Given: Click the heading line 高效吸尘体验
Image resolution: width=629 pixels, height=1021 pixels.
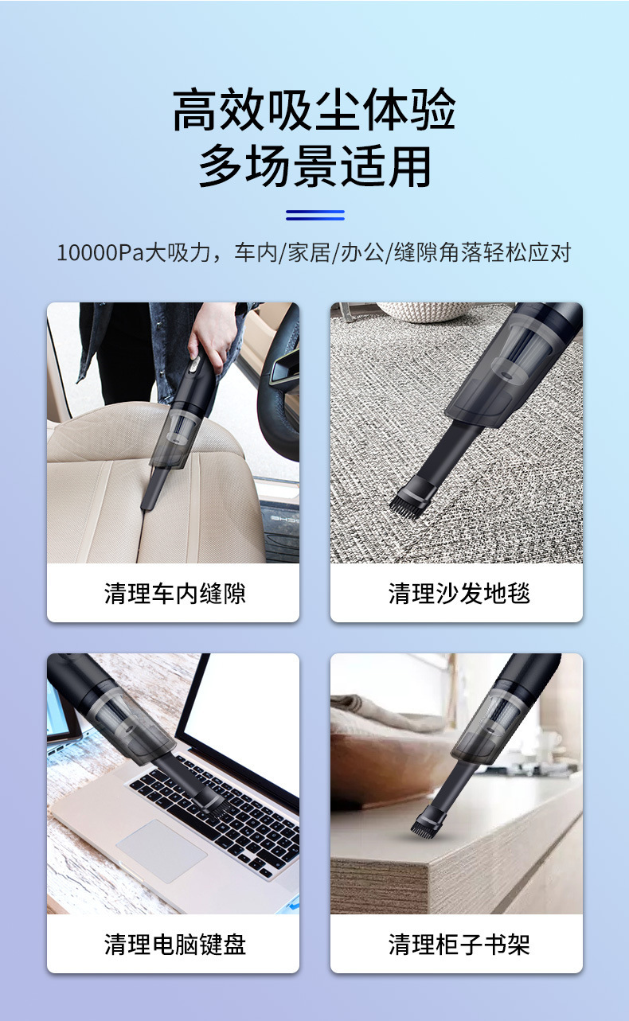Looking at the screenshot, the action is pos(314,110).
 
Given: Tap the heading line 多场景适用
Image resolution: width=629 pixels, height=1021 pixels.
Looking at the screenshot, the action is pos(314,166).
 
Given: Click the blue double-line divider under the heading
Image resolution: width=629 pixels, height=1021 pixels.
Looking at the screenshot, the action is pos(315,215).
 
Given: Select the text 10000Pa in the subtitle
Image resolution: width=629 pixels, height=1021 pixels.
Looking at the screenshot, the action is pos(100,252).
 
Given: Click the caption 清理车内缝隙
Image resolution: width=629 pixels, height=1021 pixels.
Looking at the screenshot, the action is pos(174,594).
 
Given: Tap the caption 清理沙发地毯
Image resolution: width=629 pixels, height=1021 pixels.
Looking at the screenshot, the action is pos(459,594).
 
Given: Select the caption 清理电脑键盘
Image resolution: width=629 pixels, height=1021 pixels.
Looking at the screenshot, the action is pos(174,945).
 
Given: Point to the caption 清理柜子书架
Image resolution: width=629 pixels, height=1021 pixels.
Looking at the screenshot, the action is pos(459,945).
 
